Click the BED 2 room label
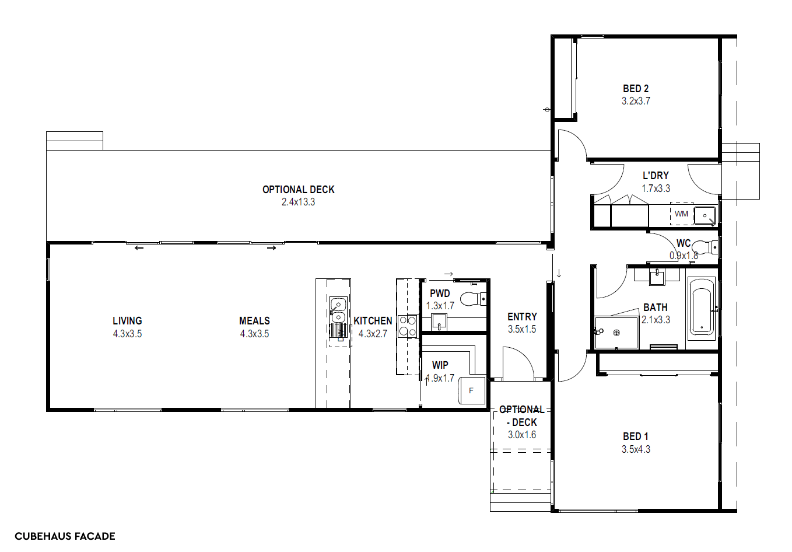(636, 89)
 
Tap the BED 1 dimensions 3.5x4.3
(636, 449)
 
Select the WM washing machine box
(681, 214)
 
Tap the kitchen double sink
(338, 310)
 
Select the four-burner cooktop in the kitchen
(407, 326)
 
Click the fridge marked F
(472, 390)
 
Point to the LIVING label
(127, 321)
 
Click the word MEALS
(254, 321)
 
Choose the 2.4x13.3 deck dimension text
(298, 202)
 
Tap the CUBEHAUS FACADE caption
(65, 536)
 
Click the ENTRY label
(522, 317)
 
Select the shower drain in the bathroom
(616, 333)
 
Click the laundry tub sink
(705, 215)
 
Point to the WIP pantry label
(440, 365)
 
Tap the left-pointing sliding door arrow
(139, 248)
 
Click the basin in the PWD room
(439, 322)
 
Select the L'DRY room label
(656, 176)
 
